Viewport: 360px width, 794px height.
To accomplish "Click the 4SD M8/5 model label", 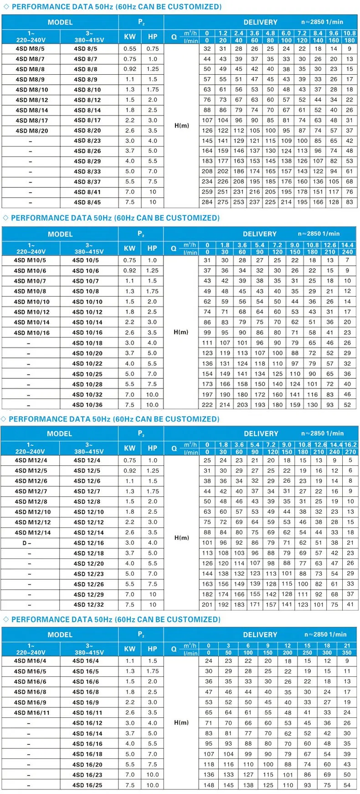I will [x=30, y=49].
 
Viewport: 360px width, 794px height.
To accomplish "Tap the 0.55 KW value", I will [x=130, y=49].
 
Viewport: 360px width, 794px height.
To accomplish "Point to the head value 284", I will [x=207, y=202].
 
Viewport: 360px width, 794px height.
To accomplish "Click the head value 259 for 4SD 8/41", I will [x=207, y=192].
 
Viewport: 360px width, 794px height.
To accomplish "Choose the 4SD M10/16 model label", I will [x=31, y=333].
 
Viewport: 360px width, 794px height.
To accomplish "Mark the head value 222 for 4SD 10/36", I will [x=207, y=405].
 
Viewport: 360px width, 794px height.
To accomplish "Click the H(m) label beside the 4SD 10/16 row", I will [x=181, y=332].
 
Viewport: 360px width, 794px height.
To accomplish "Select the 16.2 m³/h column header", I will [x=350, y=444].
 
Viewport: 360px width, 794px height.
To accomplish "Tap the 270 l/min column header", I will [x=350, y=452].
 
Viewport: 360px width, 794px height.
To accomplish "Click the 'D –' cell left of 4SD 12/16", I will [x=27, y=543].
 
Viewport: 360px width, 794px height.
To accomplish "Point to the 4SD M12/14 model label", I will [x=32, y=533].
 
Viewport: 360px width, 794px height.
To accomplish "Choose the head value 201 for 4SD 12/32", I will [x=207, y=605].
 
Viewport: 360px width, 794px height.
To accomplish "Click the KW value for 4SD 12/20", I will [x=130, y=564].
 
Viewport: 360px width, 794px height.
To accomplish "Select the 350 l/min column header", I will [x=347, y=653].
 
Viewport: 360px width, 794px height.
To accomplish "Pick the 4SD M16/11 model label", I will [x=31, y=713].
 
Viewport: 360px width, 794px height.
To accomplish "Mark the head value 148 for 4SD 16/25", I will [x=209, y=785].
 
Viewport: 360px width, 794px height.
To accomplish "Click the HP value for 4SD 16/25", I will [x=153, y=785].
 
